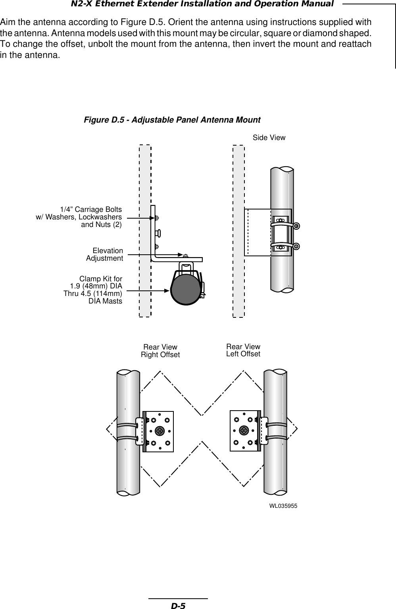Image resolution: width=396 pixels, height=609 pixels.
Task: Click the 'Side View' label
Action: (269, 138)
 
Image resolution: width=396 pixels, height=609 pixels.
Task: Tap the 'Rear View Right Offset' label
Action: (160, 351)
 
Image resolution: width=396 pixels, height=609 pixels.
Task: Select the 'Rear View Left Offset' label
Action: (243, 350)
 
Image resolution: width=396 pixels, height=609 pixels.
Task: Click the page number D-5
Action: (178, 606)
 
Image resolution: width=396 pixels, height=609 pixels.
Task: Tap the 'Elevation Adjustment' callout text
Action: (105, 255)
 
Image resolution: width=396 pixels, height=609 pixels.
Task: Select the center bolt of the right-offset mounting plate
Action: (160, 430)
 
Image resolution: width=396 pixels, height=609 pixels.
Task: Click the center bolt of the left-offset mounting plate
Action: (244, 430)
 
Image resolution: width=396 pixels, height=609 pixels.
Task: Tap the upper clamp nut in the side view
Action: (296, 225)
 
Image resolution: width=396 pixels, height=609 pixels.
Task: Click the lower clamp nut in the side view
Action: (296, 246)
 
